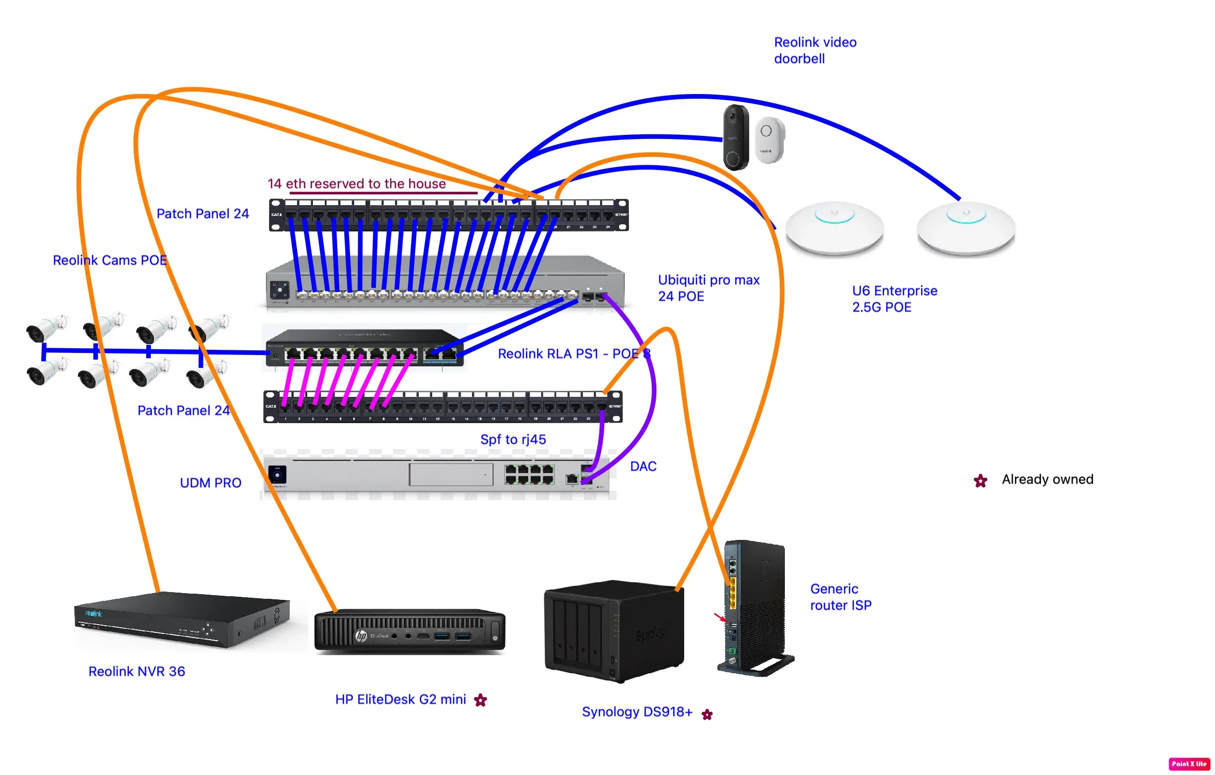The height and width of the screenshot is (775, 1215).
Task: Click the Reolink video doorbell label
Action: coord(815,50)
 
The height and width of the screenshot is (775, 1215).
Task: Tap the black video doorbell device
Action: coord(735,137)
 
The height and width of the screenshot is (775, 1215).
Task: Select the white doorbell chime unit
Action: coord(769,140)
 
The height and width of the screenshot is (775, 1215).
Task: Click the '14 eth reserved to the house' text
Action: coord(356,184)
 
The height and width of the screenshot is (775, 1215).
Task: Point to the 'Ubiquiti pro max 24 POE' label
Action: coord(708,288)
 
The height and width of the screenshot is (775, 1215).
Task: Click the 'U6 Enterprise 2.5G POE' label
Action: coord(894,299)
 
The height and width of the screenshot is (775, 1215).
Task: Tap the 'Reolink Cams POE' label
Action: coord(109,260)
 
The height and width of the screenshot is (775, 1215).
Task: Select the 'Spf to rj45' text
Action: coord(513,439)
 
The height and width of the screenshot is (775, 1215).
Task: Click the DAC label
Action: coord(643,466)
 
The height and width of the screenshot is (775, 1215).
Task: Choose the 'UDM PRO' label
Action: coord(210,483)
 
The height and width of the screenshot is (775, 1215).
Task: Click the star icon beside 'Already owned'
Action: coord(980,481)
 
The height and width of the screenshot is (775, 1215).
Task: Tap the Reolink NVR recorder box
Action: coord(182,619)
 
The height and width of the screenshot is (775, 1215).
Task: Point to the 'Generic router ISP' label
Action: coord(840,597)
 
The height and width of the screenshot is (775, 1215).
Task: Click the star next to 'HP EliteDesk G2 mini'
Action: coord(480,700)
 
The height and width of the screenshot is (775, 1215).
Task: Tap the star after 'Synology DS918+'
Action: coord(707,715)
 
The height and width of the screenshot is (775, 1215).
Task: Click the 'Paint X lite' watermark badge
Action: coord(1189,764)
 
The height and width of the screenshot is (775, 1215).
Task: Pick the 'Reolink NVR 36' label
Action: coord(136,671)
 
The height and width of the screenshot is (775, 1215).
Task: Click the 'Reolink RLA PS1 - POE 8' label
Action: coord(574,354)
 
